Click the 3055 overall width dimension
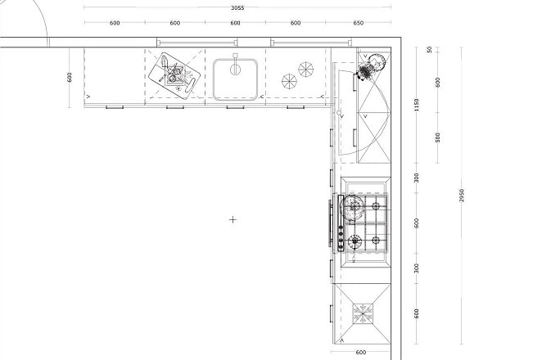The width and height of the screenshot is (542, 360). coord(237,7)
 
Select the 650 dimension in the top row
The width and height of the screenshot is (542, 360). coord(359,23)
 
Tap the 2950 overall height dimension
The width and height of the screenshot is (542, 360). coord(462,196)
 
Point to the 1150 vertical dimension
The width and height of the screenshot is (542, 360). coord(417,105)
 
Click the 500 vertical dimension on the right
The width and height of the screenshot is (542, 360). coord(438,137)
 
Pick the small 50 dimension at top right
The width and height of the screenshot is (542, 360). coord(430,50)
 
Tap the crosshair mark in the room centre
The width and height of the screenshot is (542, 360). coord(233,219)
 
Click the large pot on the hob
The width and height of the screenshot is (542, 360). coord(353,207)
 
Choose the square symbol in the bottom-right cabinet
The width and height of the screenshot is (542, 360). coord(363,313)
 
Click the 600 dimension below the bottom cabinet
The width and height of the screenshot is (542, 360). coord(360,353)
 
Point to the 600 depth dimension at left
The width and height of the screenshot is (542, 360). coord(70,77)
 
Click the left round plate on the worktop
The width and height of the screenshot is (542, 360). coord(289,81)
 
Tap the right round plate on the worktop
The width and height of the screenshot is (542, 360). coord(306,70)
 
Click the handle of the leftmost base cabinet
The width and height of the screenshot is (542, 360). coord(115,107)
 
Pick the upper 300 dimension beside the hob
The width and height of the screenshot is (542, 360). coord(417,178)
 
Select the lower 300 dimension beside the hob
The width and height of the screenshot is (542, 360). coord(417,268)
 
